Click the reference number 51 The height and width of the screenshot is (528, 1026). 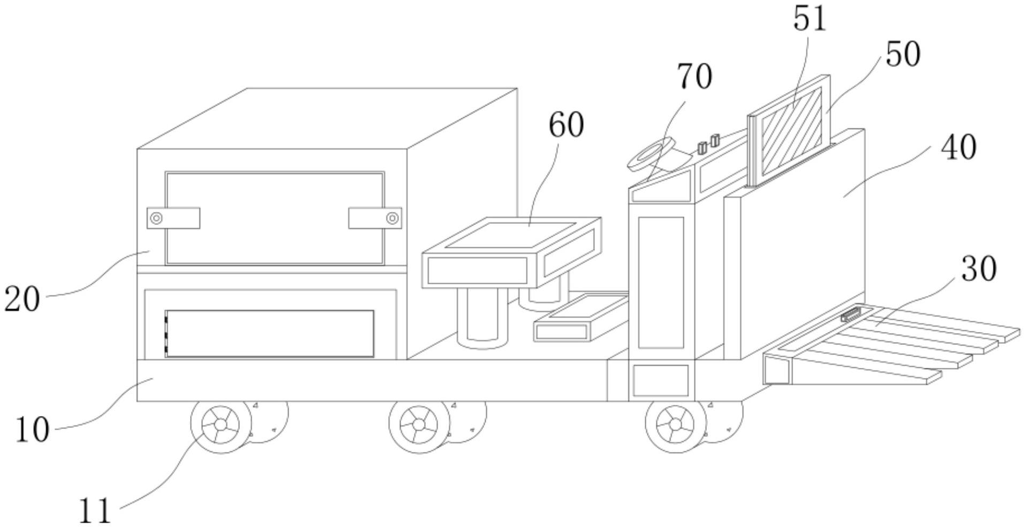tap(809, 19)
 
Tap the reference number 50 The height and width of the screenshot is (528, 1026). tap(903, 55)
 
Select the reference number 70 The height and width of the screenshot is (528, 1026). tap(695, 77)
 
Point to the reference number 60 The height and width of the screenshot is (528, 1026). tap(565, 125)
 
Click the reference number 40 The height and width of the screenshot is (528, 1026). tap(959, 148)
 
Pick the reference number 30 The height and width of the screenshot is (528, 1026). tap(979, 269)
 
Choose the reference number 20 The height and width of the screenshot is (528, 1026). tap(22, 299)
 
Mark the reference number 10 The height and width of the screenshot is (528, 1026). tap(32, 430)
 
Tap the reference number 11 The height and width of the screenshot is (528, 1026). tap(95, 510)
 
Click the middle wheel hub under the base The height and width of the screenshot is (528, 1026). tap(419, 425)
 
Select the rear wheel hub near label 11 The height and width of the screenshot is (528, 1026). tap(221, 425)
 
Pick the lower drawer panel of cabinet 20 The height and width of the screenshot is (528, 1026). tap(269, 333)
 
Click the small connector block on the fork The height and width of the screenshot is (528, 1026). tap(849, 315)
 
